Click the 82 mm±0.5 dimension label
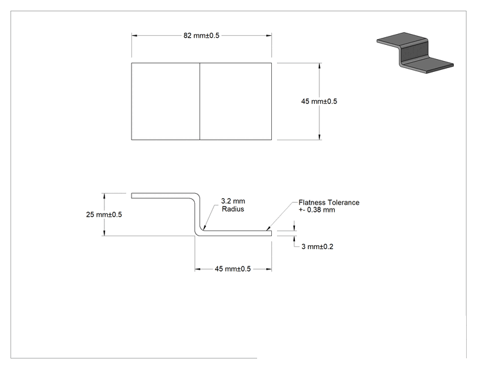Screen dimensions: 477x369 tap(201, 35)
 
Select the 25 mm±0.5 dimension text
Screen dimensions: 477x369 tap(104, 214)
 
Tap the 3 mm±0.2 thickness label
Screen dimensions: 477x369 tap(317, 246)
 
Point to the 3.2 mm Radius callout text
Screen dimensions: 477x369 tap(233, 205)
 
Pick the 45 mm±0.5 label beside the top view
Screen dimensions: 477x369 tap(319, 101)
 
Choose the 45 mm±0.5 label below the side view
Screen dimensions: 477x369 tap(233, 269)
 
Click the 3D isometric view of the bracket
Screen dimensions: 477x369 tap(415, 53)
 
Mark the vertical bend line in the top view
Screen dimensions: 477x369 tap(199, 101)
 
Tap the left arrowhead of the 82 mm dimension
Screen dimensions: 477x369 tap(135, 36)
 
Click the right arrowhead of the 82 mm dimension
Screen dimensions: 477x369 tap(269, 36)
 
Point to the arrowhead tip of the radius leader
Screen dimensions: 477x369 tap(204, 229)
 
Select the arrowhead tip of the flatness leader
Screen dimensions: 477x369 tap(267, 230)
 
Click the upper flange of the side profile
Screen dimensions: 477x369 tap(163, 196)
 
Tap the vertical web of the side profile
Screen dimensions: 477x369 tap(197, 214)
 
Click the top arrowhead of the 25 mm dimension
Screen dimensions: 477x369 tap(105, 196)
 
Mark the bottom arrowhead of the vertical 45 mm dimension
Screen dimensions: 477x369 tap(319, 137)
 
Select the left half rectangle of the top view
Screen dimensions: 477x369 tap(165, 101)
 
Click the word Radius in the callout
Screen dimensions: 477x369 tap(233, 209)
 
